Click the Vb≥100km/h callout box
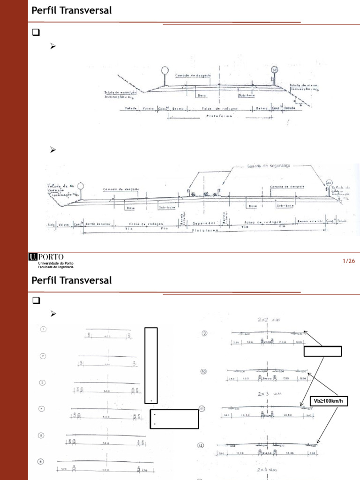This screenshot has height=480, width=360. (329, 401)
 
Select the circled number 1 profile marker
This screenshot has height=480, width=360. (43, 329)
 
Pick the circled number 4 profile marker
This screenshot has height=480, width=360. (42, 409)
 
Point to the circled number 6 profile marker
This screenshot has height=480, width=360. (41, 462)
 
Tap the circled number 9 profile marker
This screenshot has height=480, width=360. (204, 334)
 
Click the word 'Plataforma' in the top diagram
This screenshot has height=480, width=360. (219, 116)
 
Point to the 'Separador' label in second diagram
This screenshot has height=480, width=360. (203, 224)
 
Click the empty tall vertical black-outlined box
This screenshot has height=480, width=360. (151, 366)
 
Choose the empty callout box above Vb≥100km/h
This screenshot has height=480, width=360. (322, 352)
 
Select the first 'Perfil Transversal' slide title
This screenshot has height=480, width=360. (72, 10)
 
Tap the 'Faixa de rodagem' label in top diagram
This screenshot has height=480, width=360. (220, 108)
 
